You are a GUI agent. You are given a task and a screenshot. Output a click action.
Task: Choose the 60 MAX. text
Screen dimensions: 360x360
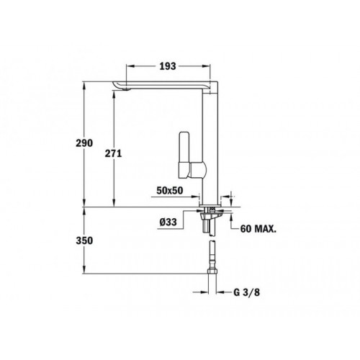click(x=256, y=228)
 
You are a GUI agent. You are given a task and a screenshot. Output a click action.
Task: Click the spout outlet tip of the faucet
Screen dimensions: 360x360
click(x=122, y=89)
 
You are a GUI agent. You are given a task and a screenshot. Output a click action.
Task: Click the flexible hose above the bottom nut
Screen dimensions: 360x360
click(x=212, y=254)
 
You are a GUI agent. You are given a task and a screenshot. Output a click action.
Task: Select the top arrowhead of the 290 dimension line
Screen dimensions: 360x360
click(x=85, y=84)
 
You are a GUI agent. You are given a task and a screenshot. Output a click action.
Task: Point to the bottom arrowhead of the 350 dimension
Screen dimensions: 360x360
click(x=85, y=273)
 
